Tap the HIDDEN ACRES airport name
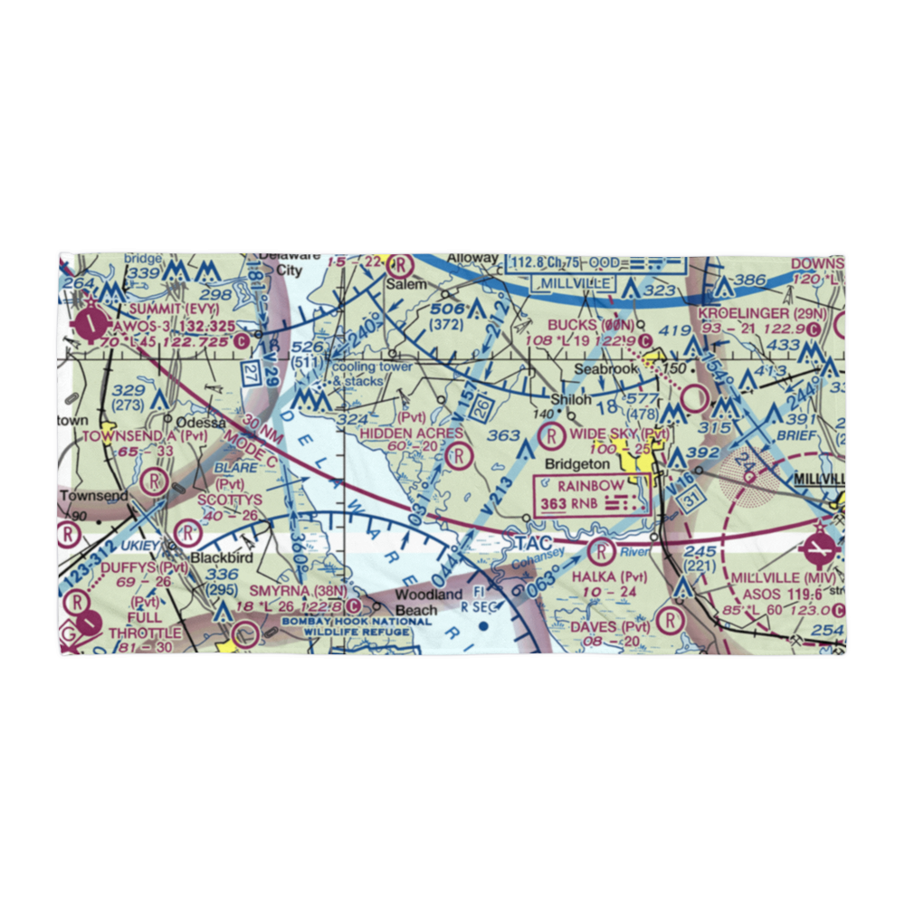(412, 434)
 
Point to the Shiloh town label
(573, 399)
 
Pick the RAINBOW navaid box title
(590, 486)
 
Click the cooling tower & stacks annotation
(372, 374)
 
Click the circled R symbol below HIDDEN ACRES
(459, 455)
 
